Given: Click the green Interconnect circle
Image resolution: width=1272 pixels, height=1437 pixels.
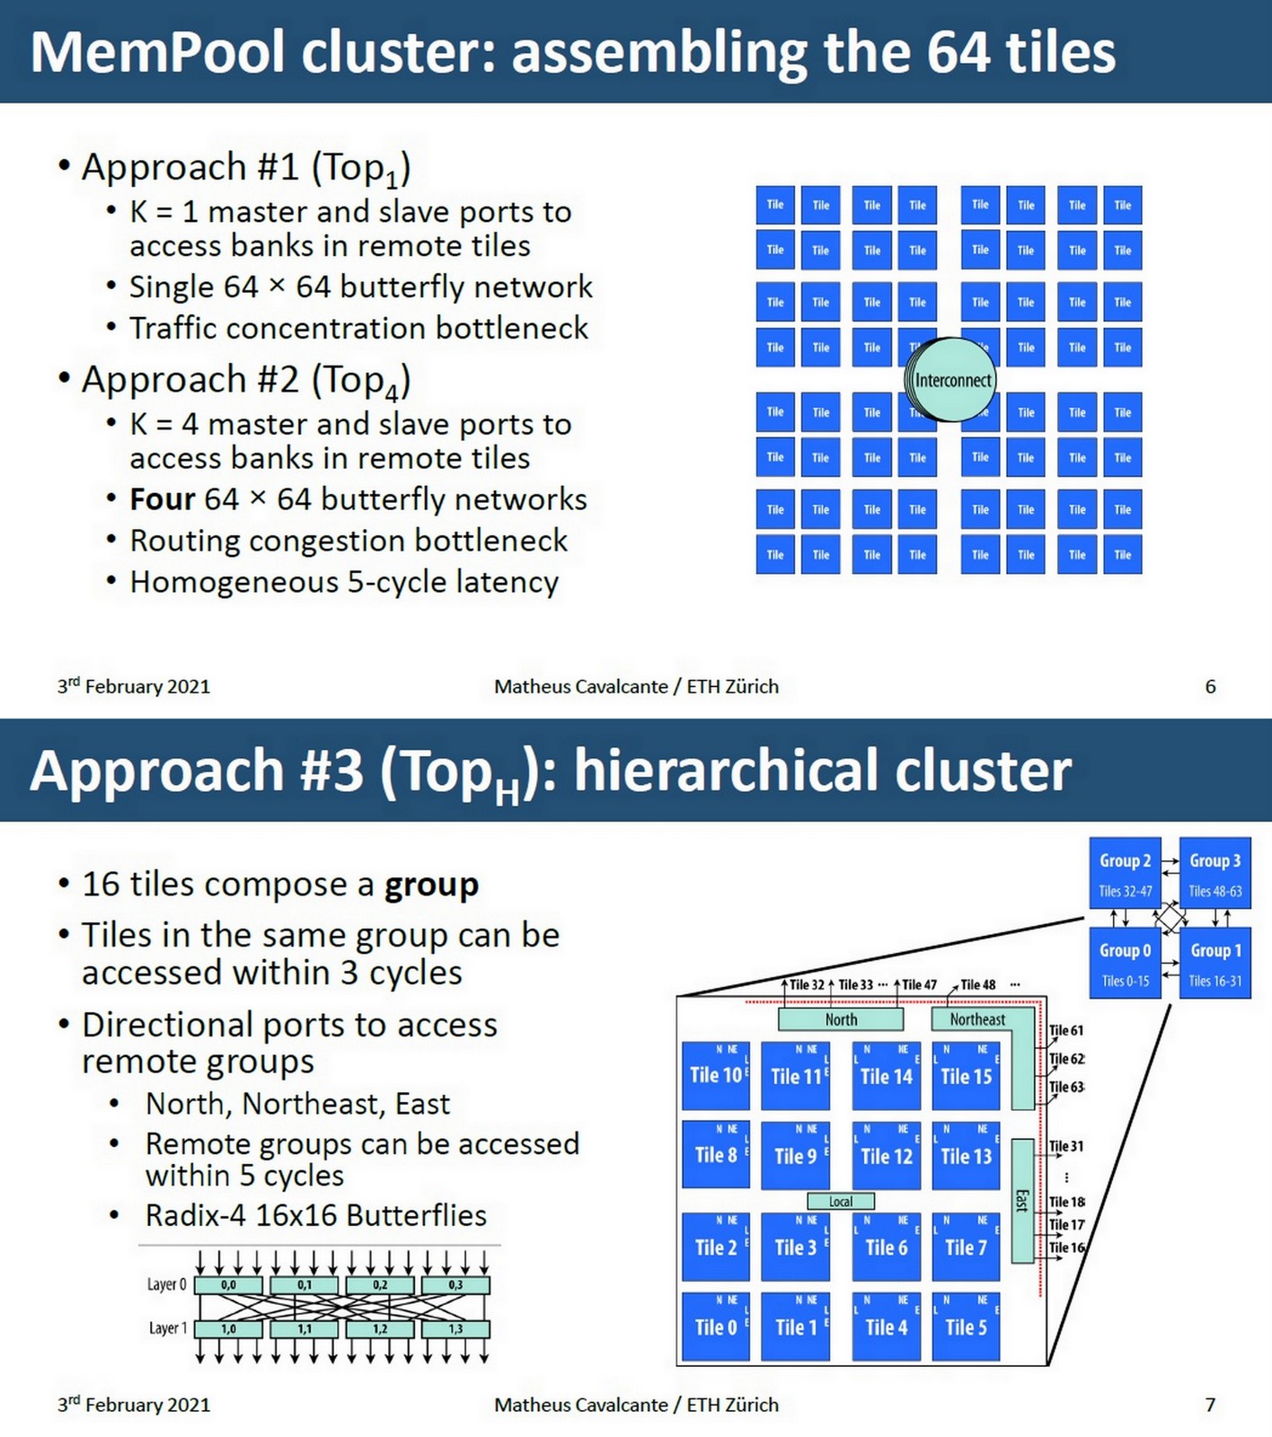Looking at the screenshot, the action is coord(951,380).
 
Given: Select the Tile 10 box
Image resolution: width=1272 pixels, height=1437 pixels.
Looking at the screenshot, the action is coord(716,1075).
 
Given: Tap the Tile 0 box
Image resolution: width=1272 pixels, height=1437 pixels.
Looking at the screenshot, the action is coord(716,1327).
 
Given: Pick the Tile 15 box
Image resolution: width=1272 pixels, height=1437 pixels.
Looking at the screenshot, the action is coord(966,1075).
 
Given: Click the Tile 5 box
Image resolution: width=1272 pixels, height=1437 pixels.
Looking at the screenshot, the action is coord(966,1327).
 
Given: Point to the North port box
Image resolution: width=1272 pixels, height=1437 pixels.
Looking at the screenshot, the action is coord(841,1019).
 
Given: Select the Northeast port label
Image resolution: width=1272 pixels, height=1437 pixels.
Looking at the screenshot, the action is coord(977,1019).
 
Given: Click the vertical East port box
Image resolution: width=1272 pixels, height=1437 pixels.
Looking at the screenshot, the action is coord(1022,1201).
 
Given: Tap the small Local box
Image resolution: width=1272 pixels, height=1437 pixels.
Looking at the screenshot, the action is coord(841,1202).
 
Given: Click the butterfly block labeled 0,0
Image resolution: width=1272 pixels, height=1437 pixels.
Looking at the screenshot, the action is coord(228,1285).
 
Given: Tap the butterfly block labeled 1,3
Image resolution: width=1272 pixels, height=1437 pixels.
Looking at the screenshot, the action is coord(455,1328).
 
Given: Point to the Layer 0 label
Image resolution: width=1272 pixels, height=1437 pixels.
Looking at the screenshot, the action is coord(166,1284).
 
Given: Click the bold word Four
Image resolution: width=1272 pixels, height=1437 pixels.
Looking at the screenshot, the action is coord(163,499).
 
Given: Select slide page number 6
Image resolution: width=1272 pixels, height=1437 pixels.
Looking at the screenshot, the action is coord(1210,686).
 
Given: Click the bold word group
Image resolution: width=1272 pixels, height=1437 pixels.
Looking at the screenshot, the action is coord(431,885).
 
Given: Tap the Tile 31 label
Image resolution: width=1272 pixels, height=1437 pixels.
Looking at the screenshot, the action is coord(1066,1146).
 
